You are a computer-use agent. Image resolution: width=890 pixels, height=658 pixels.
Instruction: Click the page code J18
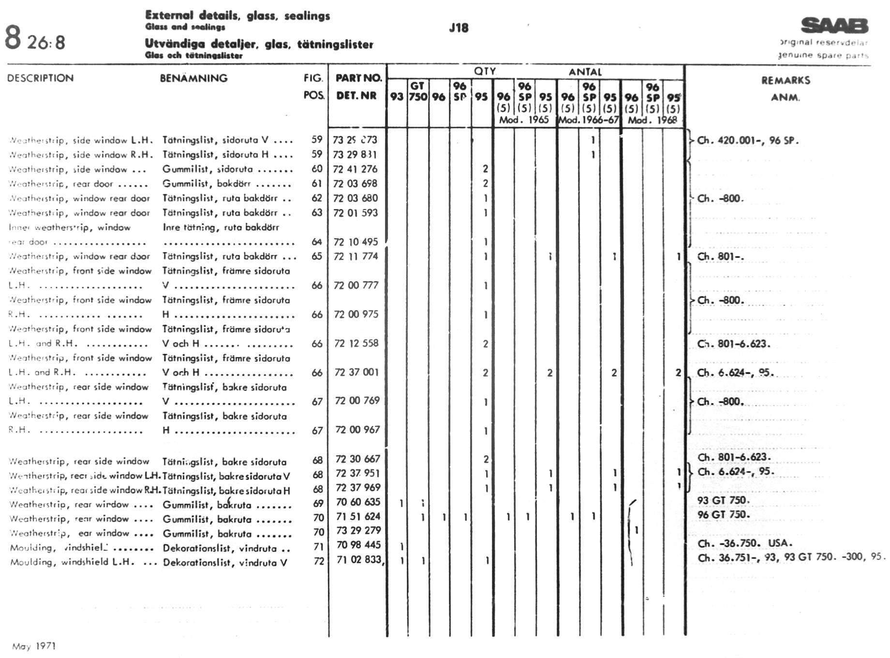click(x=458, y=28)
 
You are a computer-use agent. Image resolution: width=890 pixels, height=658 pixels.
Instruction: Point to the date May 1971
click(x=34, y=646)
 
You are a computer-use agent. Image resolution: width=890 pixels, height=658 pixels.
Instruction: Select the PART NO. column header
click(x=358, y=78)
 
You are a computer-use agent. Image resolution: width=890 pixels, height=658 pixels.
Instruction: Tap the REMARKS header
click(x=786, y=80)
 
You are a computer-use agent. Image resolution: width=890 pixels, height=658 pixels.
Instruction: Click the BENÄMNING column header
click(x=193, y=78)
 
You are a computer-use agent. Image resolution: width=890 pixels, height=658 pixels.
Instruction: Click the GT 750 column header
click(x=417, y=91)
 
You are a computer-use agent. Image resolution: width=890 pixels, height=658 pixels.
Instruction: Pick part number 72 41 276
click(x=355, y=169)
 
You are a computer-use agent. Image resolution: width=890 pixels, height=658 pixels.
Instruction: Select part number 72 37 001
click(x=356, y=372)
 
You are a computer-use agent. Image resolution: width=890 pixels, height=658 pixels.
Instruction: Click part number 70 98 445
click(x=358, y=545)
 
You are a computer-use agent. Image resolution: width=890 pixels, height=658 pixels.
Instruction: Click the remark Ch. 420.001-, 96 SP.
click(x=747, y=140)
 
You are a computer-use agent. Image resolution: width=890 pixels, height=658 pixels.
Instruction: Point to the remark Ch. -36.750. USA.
click(x=745, y=543)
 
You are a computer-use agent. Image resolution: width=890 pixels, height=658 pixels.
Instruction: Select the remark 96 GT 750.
click(x=723, y=514)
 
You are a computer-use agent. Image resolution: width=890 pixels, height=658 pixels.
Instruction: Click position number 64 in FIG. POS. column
click(x=317, y=242)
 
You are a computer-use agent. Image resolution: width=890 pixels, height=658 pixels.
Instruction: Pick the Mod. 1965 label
click(x=524, y=120)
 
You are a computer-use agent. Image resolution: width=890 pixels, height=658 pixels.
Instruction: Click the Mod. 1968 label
click(x=652, y=120)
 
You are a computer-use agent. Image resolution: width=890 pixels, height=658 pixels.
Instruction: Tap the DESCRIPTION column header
click(x=40, y=78)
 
